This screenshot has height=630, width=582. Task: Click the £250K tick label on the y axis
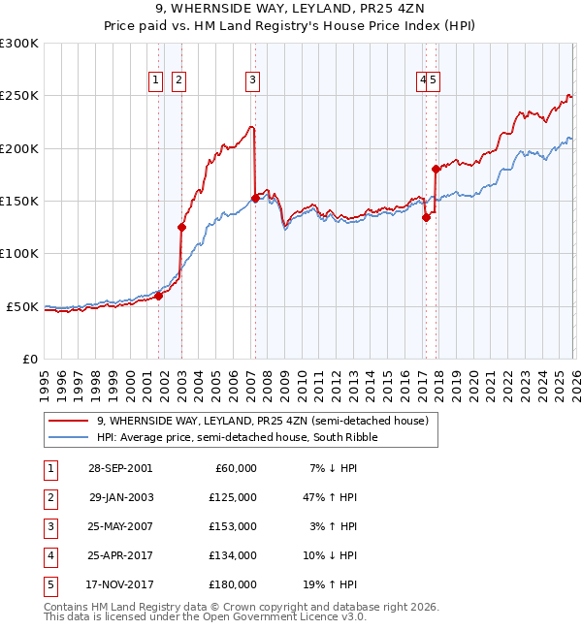(19, 96)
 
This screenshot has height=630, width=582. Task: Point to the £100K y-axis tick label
(19, 254)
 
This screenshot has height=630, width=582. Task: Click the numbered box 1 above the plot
(155, 80)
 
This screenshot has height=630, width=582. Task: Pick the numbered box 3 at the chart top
(252, 80)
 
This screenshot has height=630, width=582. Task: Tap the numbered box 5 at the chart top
(434, 80)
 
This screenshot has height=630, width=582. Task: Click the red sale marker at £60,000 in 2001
(159, 297)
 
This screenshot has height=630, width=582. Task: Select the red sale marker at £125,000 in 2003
(181, 228)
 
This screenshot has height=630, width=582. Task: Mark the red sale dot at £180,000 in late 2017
(436, 170)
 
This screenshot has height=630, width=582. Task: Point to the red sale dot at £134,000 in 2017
(426, 218)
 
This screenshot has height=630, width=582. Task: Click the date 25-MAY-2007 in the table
(121, 526)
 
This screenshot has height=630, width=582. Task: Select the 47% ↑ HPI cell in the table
(330, 497)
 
